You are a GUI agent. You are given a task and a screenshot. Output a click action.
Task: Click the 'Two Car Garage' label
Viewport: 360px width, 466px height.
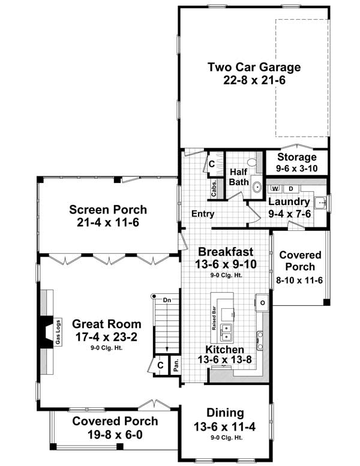click(254, 67)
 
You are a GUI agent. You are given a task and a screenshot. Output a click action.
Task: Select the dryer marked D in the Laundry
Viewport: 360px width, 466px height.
click(292, 188)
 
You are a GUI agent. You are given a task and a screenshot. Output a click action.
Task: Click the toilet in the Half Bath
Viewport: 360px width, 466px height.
click(254, 163)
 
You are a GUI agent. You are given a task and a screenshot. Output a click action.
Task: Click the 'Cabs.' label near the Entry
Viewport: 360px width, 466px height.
click(214, 188)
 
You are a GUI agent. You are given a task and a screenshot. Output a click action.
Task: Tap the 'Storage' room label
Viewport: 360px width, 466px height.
click(296, 157)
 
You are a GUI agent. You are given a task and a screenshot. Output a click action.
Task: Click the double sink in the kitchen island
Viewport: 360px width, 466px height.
click(226, 329)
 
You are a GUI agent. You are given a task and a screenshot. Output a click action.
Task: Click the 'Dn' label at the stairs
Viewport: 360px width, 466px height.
click(167, 299)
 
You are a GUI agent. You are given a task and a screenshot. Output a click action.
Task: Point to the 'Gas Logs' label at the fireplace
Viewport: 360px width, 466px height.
click(58, 332)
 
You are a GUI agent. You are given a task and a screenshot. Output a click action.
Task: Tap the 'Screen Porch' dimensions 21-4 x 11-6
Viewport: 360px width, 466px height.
click(107, 222)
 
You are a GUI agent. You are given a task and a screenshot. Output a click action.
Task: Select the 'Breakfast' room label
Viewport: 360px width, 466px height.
click(226, 251)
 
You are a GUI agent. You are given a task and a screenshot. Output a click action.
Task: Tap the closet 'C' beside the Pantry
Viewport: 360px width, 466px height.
click(160, 365)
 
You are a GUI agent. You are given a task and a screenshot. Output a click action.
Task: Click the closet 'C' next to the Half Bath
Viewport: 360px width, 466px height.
click(212, 163)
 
